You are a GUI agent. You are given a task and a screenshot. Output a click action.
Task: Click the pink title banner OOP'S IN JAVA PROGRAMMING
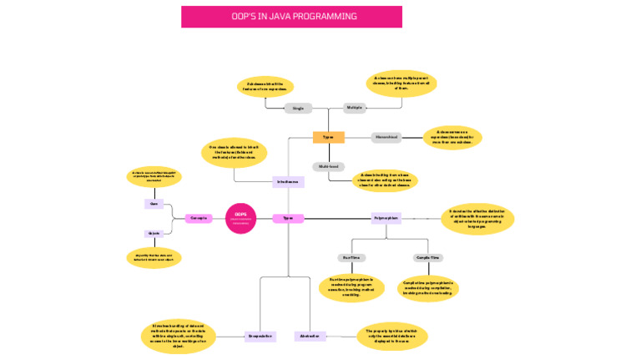click(291, 17)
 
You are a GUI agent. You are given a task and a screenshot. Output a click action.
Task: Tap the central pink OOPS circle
click(240, 218)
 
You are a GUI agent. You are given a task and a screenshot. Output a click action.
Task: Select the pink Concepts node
click(199, 218)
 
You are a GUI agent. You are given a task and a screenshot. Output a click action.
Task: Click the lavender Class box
click(154, 204)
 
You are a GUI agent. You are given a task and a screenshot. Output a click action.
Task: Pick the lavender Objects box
click(154, 234)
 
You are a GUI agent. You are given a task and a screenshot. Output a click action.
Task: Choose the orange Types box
click(328, 137)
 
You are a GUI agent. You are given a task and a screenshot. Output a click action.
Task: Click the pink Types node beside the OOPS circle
click(288, 218)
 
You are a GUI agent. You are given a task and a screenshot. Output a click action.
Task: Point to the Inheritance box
click(288, 182)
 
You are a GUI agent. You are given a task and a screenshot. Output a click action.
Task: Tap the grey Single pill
click(298, 109)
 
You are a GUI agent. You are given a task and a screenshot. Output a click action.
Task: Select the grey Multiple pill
click(354, 108)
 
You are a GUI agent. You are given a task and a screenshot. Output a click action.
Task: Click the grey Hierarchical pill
click(386, 137)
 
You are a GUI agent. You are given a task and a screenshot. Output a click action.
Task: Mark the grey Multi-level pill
click(328, 166)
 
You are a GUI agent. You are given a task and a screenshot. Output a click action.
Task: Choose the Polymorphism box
click(386, 218)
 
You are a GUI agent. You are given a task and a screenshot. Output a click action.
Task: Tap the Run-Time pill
click(351, 258)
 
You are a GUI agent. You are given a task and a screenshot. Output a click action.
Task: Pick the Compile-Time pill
click(427, 258)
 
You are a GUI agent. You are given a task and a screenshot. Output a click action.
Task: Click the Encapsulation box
click(260, 337)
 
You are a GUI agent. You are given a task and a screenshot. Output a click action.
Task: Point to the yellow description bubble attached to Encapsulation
click(179, 335)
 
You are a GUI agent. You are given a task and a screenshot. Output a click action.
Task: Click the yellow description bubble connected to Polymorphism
click(477, 219)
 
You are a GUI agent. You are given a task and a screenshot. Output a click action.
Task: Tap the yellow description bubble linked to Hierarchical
click(452, 137)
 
